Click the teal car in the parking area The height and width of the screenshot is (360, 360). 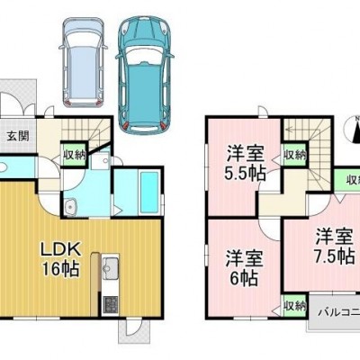pos(145,76)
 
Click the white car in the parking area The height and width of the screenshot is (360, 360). pos(83,62)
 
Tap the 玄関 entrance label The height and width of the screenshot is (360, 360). pos(18,136)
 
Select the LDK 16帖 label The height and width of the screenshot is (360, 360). pos(60,259)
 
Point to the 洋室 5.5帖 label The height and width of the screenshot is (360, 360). pos(246,164)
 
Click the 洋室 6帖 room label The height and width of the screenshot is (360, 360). pos(244,268)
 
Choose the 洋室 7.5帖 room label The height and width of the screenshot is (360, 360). pos(334,247)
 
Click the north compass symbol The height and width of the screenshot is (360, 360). pos(354,129)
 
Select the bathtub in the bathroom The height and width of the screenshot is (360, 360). pos(149,193)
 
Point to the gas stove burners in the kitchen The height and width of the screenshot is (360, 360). pos(110,306)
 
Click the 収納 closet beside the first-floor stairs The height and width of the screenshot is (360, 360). pos(75,155)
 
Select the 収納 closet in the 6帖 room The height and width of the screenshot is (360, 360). pos(294,306)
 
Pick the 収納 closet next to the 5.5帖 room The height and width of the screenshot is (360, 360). pos(294,155)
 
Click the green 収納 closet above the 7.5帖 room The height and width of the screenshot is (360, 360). pos(348,181)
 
